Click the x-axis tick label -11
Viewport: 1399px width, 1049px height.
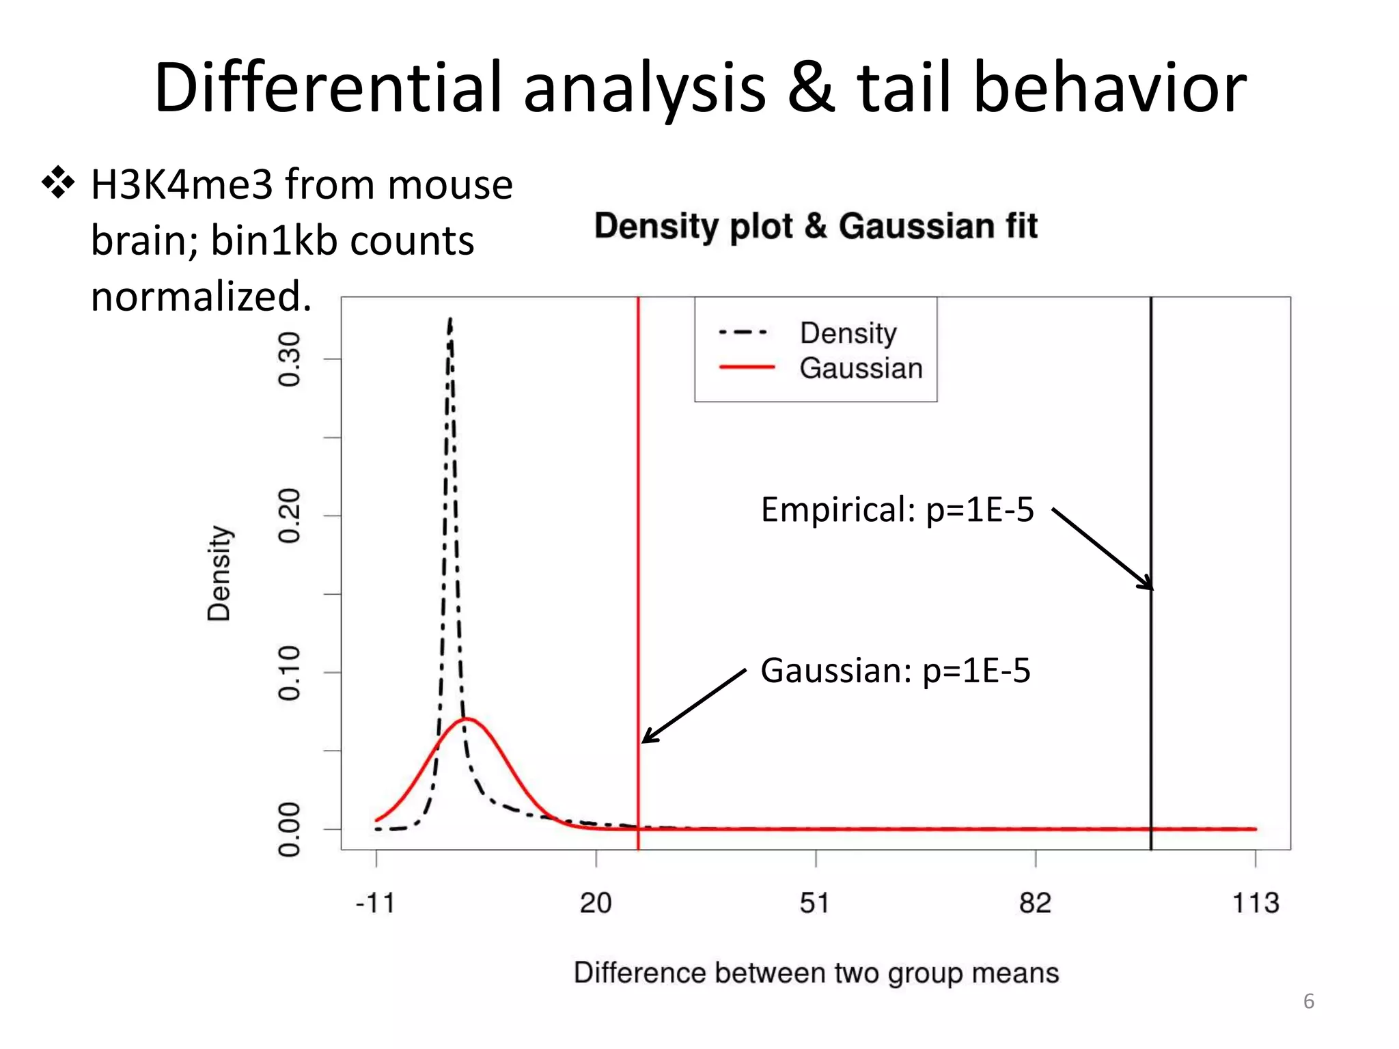(x=375, y=904)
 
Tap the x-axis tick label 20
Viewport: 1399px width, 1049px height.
(x=596, y=904)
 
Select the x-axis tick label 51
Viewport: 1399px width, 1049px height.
(x=815, y=904)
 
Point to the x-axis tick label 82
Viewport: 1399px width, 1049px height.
(x=1035, y=904)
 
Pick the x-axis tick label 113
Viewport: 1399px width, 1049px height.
(x=1256, y=904)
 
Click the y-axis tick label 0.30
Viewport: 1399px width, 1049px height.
(x=290, y=359)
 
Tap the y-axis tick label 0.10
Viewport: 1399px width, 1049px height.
(x=290, y=673)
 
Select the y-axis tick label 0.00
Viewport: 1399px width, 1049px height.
(x=290, y=829)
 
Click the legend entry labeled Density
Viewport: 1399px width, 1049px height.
(x=848, y=333)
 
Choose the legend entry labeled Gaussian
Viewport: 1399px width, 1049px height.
(x=861, y=368)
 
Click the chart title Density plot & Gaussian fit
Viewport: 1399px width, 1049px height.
(x=816, y=226)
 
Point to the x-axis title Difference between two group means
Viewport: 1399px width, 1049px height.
(x=816, y=973)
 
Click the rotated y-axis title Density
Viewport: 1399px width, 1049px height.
(x=219, y=573)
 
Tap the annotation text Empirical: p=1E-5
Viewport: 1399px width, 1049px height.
(x=897, y=509)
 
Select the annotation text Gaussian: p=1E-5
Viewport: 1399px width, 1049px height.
(x=895, y=671)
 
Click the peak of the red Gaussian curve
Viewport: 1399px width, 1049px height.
(x=467, y=718)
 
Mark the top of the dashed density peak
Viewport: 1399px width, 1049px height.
(x=450, y=319)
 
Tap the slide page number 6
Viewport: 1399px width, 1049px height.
(x=1308, y=1001)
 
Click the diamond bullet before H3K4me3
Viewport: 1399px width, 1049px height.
(x=58, y=183)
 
